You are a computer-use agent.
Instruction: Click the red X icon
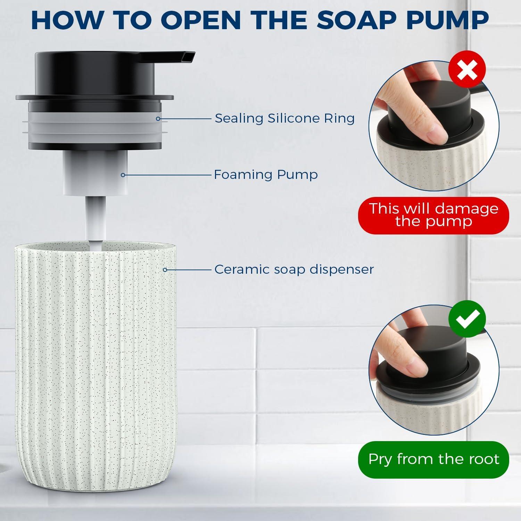[467, 71]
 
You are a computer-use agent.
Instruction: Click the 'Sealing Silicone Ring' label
[284, 118]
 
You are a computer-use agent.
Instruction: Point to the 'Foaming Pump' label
[266, 174]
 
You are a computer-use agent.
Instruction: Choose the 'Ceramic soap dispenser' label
[294, 269]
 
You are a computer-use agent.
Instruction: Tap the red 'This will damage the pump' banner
[433, 215]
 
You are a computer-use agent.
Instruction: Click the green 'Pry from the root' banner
[433, 459]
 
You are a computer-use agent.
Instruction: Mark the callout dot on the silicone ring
[158, 119]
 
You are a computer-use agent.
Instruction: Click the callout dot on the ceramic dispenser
[165, 270]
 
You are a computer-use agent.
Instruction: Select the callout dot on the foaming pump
[123, 175]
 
